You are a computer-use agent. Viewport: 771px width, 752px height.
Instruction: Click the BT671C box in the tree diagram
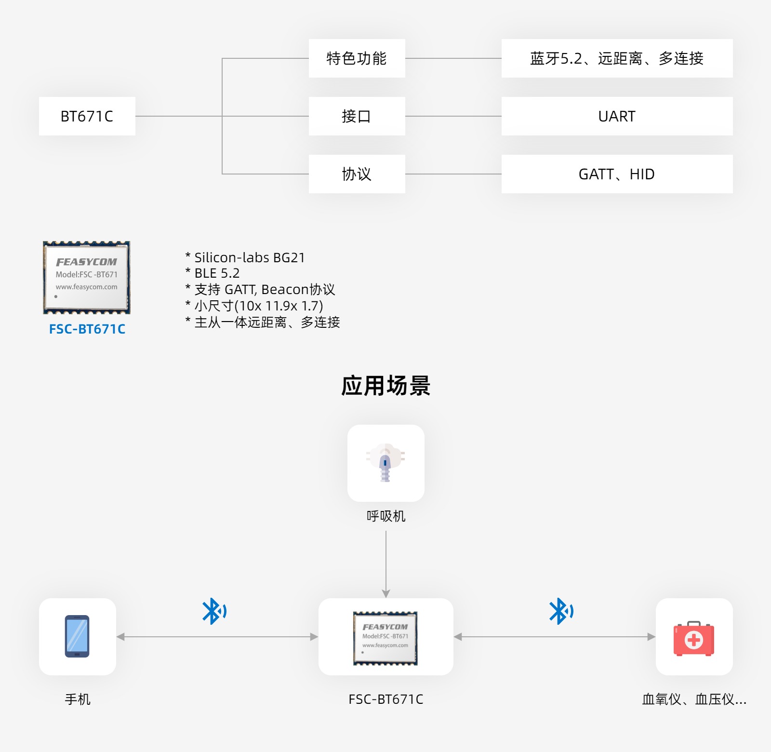[87, 116]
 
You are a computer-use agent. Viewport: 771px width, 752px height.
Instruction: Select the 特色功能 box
[357, 58]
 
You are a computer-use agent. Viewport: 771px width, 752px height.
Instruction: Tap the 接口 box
[357, 116]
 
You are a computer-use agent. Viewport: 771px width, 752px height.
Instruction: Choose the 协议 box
[357, 174]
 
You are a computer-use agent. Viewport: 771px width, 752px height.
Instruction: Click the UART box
[617, 116]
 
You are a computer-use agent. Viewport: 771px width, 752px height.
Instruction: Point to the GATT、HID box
[617, 174]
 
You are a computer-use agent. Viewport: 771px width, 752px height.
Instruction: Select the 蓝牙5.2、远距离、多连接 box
[617, 58]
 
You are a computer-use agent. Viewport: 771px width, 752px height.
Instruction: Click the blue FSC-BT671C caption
[87, 329]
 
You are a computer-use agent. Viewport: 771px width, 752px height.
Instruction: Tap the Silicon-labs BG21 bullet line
[246, 257]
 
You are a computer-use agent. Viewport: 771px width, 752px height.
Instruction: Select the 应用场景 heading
[385, 386]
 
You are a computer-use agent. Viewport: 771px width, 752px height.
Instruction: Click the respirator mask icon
[385, 463]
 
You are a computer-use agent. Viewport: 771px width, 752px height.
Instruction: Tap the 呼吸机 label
[386, 516]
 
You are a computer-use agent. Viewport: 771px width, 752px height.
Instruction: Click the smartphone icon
[77, 636]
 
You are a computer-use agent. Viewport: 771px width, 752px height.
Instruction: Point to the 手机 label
[78, 699]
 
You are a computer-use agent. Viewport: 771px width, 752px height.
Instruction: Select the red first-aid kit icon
[694, 639]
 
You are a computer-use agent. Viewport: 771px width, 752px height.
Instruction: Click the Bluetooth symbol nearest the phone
[213, 611]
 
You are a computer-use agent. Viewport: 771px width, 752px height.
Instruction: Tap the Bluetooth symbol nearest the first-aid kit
[560, 611]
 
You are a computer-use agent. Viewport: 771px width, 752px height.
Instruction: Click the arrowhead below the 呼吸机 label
[386, 593]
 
